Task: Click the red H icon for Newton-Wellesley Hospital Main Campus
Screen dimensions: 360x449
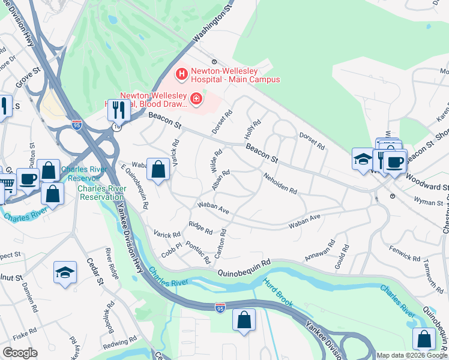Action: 181,74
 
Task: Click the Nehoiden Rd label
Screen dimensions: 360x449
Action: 280,183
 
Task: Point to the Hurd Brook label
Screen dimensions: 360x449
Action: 278,293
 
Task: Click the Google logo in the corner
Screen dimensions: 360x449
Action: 19,353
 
